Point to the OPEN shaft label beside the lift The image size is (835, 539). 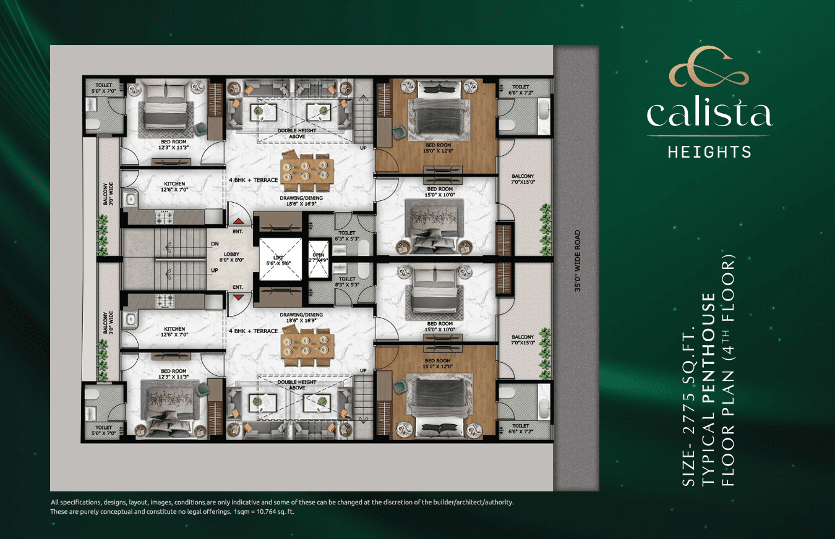(319, 257)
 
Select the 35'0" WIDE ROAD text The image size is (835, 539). (578, 261)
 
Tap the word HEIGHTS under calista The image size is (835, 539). (709, 151)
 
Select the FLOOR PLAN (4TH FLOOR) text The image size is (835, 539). (728, 370)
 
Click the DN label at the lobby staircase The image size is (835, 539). (215, 244)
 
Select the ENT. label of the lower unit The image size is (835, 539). (237, 287)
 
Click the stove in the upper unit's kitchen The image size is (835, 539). (165, 216)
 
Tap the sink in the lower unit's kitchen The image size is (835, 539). (131, 318)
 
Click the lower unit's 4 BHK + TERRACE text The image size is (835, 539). (254, 331)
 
